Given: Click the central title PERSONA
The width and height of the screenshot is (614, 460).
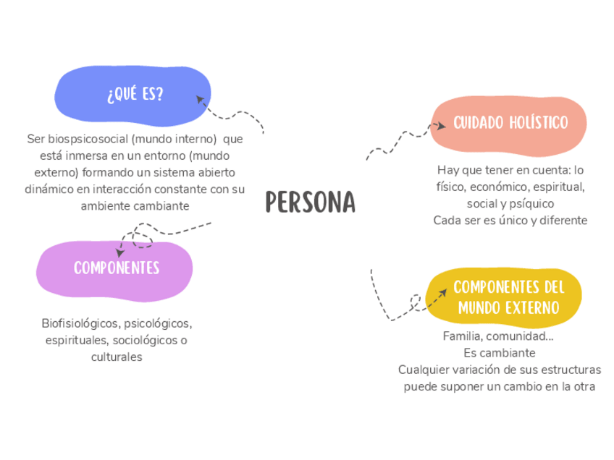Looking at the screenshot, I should click(x=311, y=203).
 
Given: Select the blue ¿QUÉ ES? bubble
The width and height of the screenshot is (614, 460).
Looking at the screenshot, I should click(x=134, y=95).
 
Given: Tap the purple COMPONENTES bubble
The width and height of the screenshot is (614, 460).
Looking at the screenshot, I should click(x=116, y=268).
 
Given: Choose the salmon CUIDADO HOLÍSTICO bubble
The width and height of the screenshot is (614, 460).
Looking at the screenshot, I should click(x=510, y=123).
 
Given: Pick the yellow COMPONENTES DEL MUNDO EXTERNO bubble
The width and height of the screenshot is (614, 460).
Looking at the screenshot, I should click(x=508, y=297).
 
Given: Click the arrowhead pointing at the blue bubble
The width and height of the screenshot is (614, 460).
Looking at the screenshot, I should click(x=201, y=98).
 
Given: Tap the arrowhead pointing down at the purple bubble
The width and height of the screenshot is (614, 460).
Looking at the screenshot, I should click(x=120, y=252).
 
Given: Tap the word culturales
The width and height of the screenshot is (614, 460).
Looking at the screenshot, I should click(x=117, y=357).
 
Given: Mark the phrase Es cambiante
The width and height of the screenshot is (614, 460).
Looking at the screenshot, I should click(x=499, y=353).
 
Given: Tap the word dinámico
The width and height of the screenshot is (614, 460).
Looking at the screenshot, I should click(x=49, y=189).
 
